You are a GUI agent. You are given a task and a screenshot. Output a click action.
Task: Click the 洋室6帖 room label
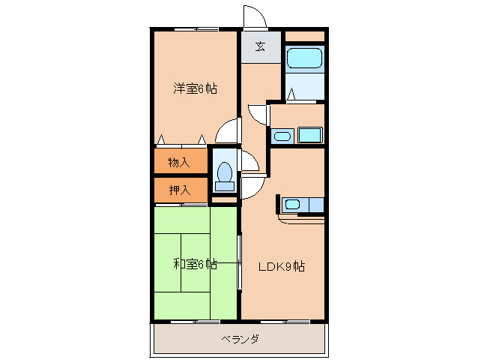[x=196, y=88]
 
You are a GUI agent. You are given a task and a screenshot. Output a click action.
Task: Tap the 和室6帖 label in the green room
[x=196, y=264]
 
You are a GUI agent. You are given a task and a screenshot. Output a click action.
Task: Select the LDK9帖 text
[x=282, y=266]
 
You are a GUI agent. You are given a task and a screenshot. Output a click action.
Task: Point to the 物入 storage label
[x=179, y=162]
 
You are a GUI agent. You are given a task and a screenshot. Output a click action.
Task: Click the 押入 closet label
[x=179, y=190]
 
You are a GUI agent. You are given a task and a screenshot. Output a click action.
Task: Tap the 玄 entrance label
[x=260, y=46]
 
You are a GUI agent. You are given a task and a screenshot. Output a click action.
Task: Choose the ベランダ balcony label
[x=240, y=339]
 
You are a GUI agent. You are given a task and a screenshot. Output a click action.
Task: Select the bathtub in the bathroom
[x=304, y=58]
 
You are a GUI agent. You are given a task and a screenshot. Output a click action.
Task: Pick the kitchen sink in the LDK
[x=292, y=203]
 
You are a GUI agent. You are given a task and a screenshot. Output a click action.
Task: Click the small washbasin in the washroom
[x=282, y=136]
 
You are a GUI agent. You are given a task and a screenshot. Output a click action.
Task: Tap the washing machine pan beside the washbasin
[x=309, y=135]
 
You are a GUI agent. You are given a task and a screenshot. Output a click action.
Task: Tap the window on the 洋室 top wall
[x=196, y=29]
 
